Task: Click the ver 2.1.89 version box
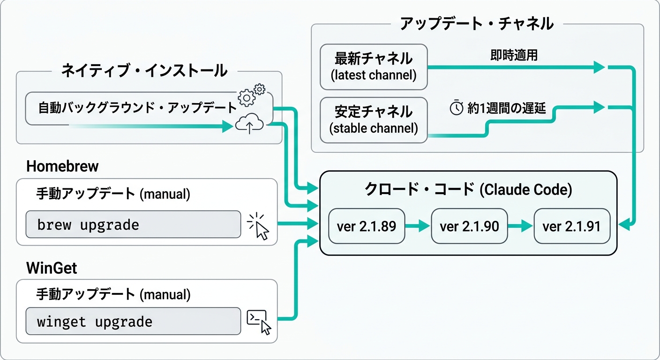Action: [367, 226]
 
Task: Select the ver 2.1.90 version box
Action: [469, 226]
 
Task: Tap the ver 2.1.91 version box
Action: [572, 226]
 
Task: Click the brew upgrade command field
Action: [133, 225]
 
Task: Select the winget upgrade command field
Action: [133, 322]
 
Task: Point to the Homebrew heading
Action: [62, 166]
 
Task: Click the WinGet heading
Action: [52, 268]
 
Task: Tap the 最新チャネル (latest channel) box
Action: [374, 67]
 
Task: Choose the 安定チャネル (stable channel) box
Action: [374, 120]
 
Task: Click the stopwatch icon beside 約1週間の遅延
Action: [457, 108]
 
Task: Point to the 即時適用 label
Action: [514, 56]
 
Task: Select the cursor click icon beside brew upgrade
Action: [259, 226]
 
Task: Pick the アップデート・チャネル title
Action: [476, 23]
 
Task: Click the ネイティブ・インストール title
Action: [144, 71]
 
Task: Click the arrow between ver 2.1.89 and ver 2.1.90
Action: [418, 226]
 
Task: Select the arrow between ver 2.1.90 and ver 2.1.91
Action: [520, 226]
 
